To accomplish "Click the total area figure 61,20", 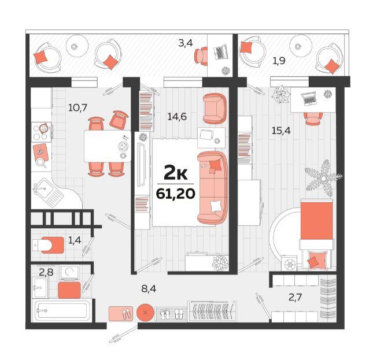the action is point(176,194).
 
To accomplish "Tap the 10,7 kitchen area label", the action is point(78,108).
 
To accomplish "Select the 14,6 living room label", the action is point(177,116).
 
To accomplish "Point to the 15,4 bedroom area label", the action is point(281,131).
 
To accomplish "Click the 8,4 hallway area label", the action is point(149,289).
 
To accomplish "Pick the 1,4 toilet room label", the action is point(75,240).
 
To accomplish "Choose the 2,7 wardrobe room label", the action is point(295,297).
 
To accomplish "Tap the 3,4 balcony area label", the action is point(186,43).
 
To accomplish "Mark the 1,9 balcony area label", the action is point(279,61).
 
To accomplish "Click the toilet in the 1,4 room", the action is point(49,245).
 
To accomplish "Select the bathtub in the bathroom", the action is point(61,310).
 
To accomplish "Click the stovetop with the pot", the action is point(42,132).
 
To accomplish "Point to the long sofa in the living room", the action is point(212,187).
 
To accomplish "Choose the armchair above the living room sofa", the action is point(215,109).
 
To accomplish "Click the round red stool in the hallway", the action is point(145,313).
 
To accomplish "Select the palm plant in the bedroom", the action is point(323,177).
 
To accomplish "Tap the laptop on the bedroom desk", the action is point(309,99).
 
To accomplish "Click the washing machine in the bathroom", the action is point(69,272).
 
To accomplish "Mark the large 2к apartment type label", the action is point(176,173).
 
